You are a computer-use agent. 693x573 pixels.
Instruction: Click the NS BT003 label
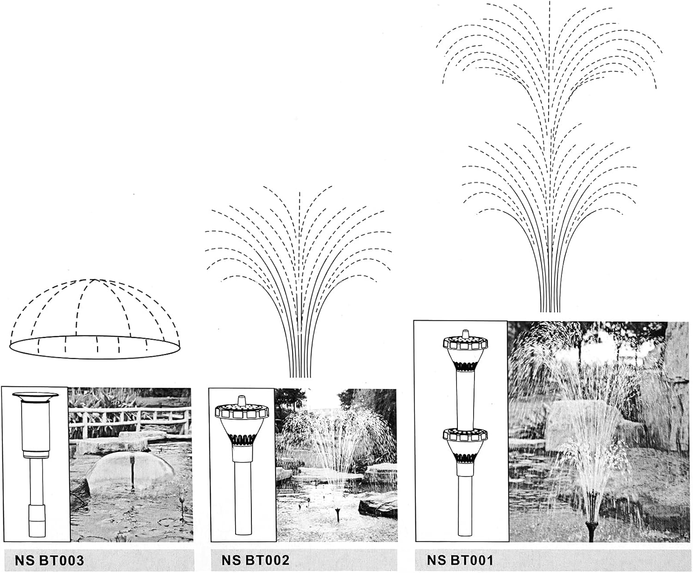49,561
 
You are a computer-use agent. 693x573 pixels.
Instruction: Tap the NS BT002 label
255,560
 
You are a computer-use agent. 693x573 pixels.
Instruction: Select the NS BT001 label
460,560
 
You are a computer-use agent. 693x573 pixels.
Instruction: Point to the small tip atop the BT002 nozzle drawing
240,400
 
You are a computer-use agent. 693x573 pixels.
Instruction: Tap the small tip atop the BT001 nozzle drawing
466,333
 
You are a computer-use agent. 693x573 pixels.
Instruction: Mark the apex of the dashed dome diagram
92,280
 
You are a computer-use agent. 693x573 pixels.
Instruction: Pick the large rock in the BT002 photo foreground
378,504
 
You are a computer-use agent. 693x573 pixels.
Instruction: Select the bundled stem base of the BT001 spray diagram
550,300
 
